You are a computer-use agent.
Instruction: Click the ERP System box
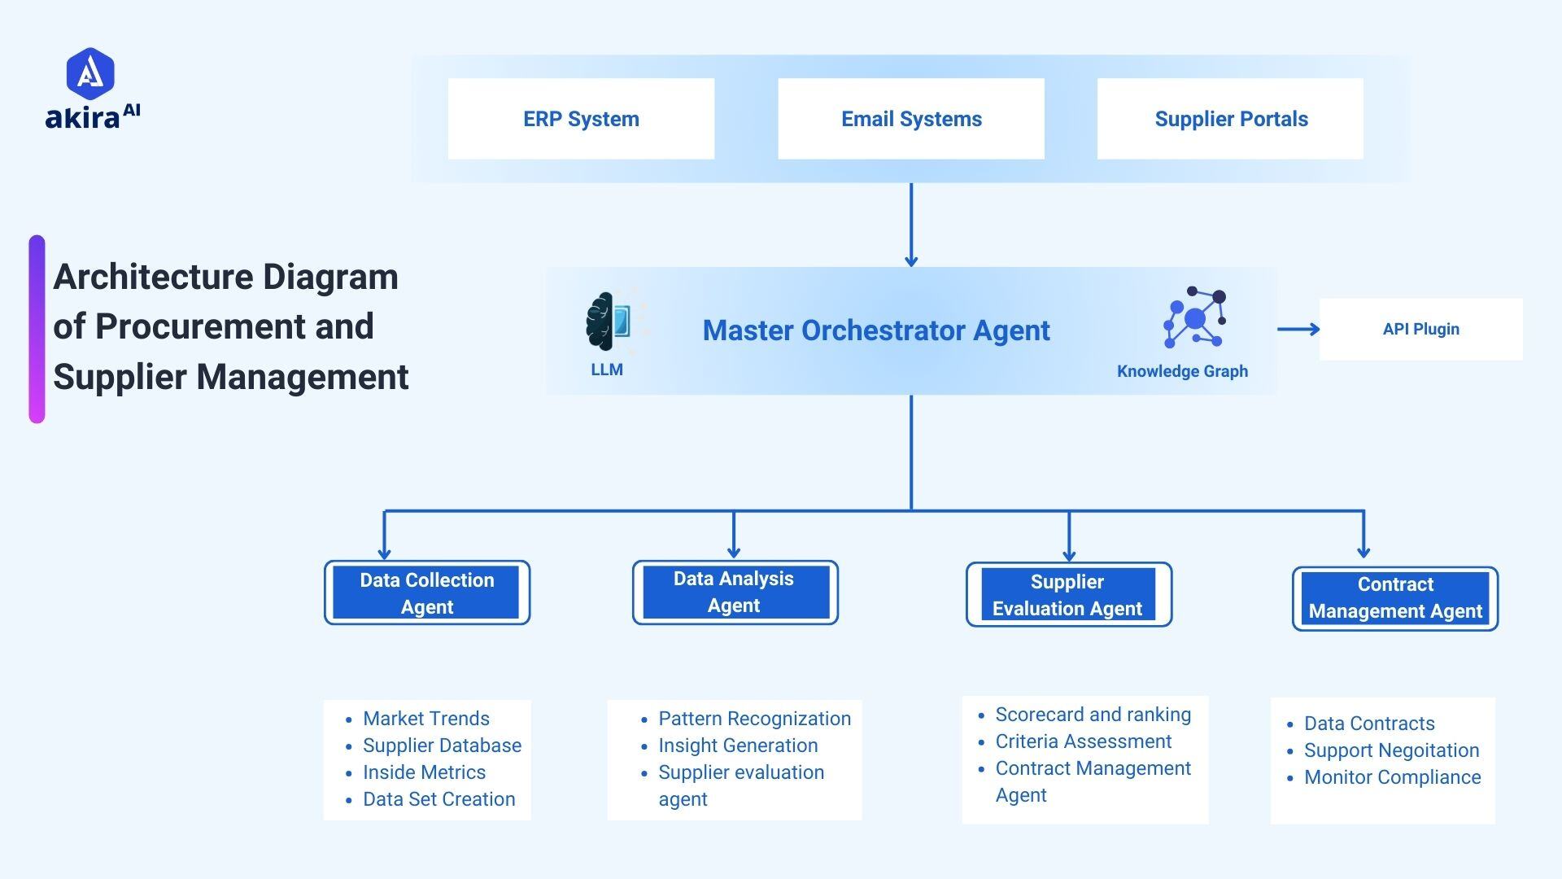tap(581, 119)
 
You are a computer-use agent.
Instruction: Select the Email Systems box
tap(911, 119)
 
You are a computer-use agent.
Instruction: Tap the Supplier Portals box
tap(1230, 119)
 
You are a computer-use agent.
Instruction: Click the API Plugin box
tap(1420, 329)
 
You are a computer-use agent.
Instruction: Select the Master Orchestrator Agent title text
tap(876, 330)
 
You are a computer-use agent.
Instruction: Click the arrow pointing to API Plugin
tap(1298, 329)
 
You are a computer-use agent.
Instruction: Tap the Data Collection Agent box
tap(427, 593)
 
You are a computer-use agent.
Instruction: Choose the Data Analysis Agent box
tap(735, 592)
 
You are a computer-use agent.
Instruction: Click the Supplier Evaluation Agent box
tap(1068, 595)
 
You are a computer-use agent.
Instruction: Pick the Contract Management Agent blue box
tap(1395, 598)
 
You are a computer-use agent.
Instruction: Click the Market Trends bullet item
tap(425, 719)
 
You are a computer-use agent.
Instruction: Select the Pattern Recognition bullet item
tap(754, 719)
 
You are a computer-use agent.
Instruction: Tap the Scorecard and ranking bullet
tap(1093, 715)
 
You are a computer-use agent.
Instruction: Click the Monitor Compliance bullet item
tap(1392, 777)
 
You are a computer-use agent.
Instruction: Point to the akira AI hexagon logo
tap(90, 73)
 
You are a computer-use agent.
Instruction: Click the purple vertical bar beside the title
tap(37, 329)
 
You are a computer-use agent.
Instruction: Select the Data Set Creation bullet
tap(438, 799)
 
